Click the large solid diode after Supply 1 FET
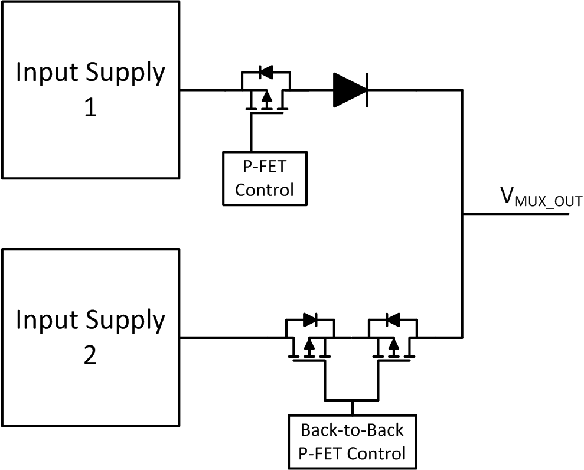[x=351, y=90]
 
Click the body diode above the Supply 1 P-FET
[x=266, y=73]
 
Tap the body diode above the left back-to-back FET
[x=310, y=320]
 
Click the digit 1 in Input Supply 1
[x=90, y=109]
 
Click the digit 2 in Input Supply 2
[x=90, y=357]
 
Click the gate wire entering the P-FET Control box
[x=252, y=133]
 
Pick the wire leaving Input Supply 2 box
[x=230, y=338]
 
